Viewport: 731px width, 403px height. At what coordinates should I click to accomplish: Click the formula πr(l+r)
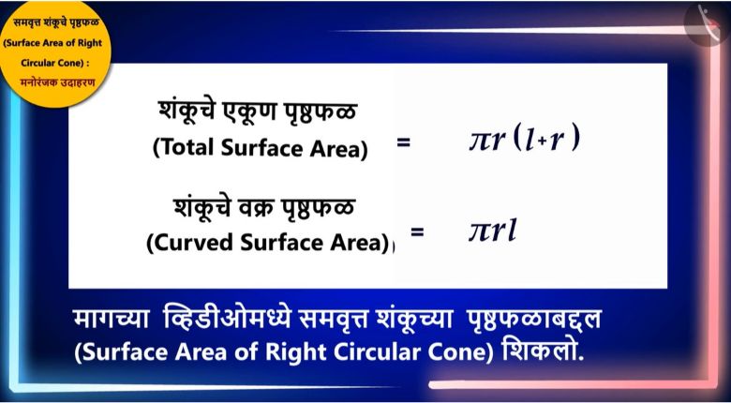(524, 139)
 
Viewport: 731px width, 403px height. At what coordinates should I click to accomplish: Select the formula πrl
(493, 231)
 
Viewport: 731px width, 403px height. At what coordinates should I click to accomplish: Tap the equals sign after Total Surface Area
(403, 142)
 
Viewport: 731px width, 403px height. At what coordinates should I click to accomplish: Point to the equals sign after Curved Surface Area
(417, 231)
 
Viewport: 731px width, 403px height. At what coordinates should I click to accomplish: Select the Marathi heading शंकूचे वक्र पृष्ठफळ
(264, 207)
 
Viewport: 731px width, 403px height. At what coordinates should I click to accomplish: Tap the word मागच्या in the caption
(112, 320)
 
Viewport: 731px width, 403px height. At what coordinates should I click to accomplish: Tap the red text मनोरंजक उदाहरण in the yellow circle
(57, 82)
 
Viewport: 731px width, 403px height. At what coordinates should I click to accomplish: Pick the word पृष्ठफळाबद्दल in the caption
(532, 320)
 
